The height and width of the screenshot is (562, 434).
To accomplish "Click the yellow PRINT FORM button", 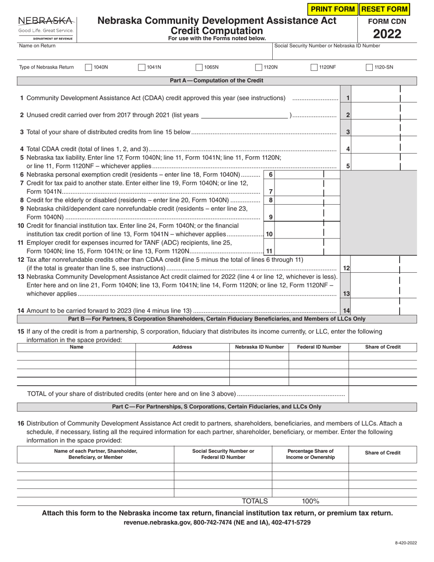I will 333,9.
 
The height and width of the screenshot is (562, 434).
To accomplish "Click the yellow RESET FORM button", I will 384,9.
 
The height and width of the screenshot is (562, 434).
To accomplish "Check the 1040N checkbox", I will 89,68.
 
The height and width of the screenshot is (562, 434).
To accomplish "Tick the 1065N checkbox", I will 199,68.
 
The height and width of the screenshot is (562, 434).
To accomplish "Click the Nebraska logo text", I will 46,21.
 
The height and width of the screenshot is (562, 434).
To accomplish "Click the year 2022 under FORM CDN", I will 387,34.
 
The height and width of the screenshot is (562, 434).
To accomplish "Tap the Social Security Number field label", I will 327,46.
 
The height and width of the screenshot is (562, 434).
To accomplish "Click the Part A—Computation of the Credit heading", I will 217,81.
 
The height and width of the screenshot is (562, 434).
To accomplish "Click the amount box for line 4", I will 376,149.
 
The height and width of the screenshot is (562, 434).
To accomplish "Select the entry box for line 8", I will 299,200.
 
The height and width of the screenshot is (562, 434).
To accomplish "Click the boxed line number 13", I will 346,294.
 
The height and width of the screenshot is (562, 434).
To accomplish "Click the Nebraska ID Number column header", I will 259,347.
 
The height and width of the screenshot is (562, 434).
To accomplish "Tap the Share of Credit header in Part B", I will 383,347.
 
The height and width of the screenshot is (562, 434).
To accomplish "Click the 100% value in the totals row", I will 310,501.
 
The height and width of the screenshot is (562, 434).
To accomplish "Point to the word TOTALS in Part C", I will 254,501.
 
